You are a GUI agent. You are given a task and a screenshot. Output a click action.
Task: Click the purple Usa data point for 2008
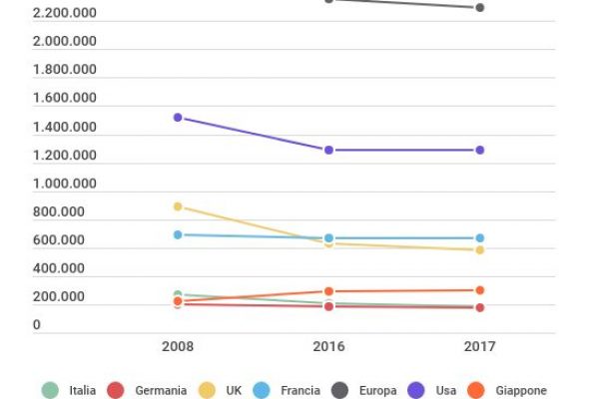(178, 118)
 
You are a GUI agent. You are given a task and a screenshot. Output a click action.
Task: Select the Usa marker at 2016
(328, 150)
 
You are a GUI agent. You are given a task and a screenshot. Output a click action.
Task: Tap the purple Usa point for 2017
(479, 150)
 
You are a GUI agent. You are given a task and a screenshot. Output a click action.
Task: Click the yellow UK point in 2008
(178, 206)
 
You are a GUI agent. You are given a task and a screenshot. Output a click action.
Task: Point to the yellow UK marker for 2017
(479, 249)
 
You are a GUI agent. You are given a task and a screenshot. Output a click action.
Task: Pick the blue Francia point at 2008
(178, 234)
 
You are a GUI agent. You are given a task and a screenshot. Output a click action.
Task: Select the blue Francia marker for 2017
(479, 238)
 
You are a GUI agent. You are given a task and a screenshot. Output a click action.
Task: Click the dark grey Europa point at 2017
(479, 8)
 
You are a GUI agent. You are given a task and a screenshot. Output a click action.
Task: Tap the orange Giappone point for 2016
(328, 291)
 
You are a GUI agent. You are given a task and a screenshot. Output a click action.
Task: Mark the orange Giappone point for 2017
(479, 290)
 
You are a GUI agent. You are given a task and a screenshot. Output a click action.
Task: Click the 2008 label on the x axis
(178, 347)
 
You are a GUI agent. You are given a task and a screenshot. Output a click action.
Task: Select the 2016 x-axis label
(328, 347)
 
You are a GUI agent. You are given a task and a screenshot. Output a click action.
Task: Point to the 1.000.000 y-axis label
(65, 184)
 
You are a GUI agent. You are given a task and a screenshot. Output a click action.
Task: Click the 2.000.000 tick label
(65, 41)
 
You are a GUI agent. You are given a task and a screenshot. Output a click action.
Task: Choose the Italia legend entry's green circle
(49, 390)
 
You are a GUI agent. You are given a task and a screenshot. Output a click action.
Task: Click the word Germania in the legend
(161, 390)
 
